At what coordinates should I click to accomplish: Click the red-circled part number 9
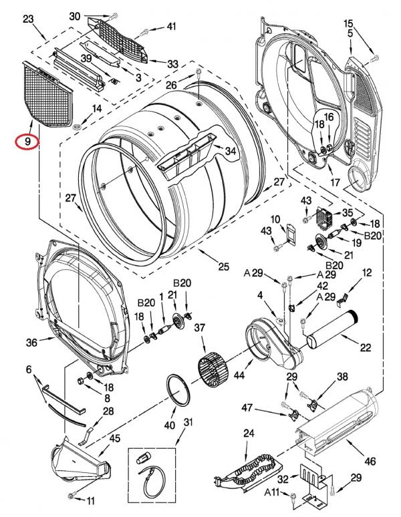[x=27, y=142]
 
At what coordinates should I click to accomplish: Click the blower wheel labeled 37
[x=213, y=367]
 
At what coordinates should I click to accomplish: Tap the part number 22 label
[x=366, y=347]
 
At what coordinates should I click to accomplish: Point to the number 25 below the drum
[x=223, y=266]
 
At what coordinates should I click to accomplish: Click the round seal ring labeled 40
[x=178, y=391]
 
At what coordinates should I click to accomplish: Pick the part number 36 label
[x=31, y=343]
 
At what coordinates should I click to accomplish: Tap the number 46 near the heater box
[x=370, y=461]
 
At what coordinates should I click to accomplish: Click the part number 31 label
[x=188, y=422]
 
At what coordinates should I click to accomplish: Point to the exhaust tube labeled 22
[x=333, y=329]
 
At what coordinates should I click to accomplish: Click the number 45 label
[x=115, y=439]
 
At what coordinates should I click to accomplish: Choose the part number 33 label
[x=172, y=63]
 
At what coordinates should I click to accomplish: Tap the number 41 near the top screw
[x=172, y=26]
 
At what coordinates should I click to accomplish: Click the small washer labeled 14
[x=76, y=126]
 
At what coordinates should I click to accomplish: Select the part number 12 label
[x=367, y=273]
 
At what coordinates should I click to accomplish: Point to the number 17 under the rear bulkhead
[x=335, y=182]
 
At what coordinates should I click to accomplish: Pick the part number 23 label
[x=28, y=19]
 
